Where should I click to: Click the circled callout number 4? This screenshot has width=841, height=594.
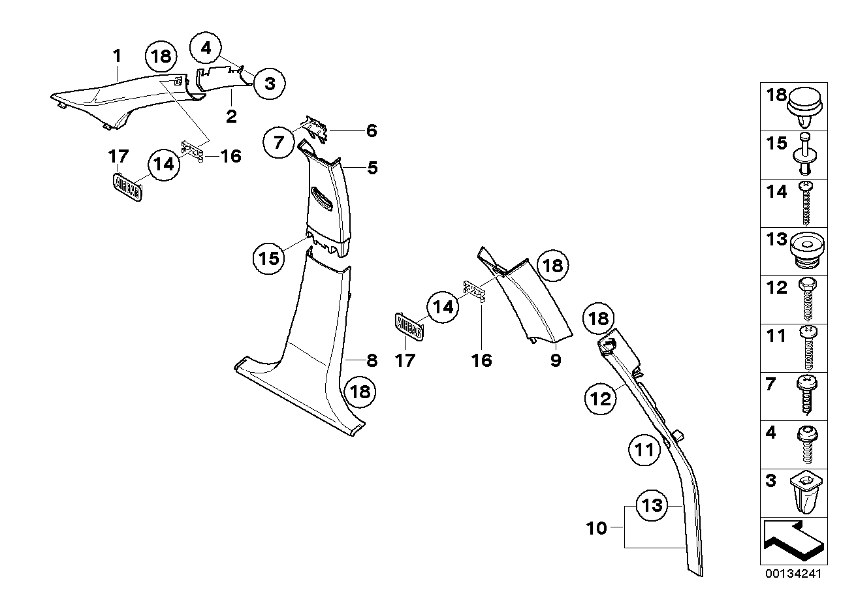[x=206, y=48]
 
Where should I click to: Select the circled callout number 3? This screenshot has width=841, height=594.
[x=270, y=83]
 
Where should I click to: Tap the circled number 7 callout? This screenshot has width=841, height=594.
[x=280, y=142]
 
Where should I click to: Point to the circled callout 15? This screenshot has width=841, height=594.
[x=269, y=258]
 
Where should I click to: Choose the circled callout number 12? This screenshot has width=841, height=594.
[x=601, y=398]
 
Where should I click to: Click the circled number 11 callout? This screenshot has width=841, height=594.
[x=644, y=451]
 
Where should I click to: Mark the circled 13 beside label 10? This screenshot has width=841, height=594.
[x=653, y=505]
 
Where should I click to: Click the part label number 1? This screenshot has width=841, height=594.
[x=117, y=57]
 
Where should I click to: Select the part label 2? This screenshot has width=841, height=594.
[x=231, y=117]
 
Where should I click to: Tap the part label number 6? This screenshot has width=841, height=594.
[x=372, y=131]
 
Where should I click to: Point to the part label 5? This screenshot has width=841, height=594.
[x=372, y=168]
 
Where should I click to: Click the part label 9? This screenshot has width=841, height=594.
[x=555, y=360]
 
